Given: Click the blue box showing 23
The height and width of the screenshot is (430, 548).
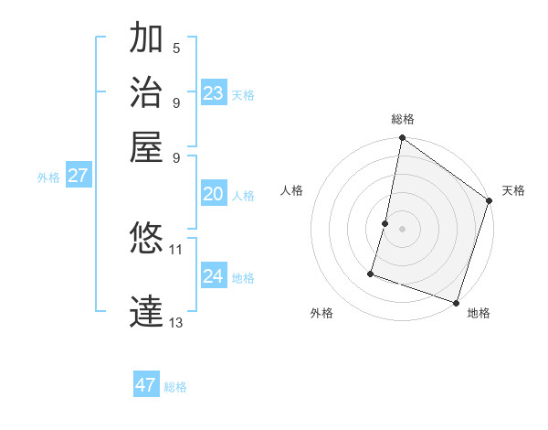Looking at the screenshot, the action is point(213,93).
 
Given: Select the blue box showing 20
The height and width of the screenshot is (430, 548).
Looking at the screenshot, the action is point(213,194).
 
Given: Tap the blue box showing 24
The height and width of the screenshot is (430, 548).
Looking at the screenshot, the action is point(213,276).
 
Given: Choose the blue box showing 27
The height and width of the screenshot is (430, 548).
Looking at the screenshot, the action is point(78,176).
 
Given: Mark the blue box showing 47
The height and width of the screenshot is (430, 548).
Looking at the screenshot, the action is point(146,385).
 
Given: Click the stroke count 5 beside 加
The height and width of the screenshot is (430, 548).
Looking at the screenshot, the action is point(176,48).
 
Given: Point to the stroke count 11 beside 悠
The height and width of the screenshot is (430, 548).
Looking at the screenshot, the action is point(176,249).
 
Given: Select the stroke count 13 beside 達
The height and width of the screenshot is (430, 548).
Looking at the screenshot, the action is point(176,322).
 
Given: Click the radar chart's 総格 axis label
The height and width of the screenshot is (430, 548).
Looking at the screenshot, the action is point(403,119).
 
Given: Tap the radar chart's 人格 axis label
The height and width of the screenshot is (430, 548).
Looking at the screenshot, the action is point(292,190).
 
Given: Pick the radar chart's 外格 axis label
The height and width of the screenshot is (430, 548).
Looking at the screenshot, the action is point(321,313).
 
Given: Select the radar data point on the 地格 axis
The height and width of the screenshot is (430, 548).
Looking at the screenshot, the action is point(456,302).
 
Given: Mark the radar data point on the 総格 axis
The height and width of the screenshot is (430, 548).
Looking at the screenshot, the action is point(403,139).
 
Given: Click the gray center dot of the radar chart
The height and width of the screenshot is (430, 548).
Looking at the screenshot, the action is point(403,229).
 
